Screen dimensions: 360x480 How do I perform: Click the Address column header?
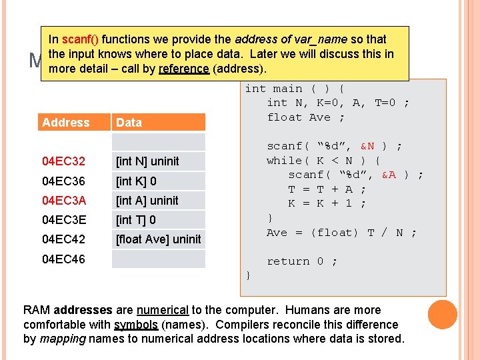pyautogui.click(x=65, y=123)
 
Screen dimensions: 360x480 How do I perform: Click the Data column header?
pyautogui.click(x=129, y=123)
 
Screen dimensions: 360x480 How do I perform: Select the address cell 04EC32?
pyautogui.click(x=63, y=161)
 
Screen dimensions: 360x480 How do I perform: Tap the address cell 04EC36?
pyautogui.click(x=63, y=181)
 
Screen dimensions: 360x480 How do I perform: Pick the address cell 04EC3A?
pyautogui.click(x=63, y=200)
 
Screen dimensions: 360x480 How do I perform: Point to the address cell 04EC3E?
pyautogui.click(x=63, y=219)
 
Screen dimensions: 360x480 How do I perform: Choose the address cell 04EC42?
pyautogui.click(x=63, y=239)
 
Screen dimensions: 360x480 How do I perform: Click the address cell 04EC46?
pyautogui.click(x=63, y=259)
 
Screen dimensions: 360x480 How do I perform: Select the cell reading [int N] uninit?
pyautogui.click(x=147, y=161)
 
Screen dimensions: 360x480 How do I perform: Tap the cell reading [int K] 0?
pyautogui.click(x=137, y=181)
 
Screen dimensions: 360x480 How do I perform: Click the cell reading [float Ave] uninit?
pyautogui.click(x=159, y=239)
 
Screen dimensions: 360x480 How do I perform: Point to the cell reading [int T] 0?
pyautogui.click(x=136, y=219)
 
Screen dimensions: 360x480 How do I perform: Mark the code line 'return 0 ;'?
pyautogui.click(x=302, y=261)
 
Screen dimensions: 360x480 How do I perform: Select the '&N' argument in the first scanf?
pyautogui.click(x=367, y=146)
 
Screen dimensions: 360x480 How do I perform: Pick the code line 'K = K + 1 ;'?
pyautogui.click(x=327, y=204)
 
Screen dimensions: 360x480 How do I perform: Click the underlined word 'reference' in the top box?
pyautogui.click(x=183, y=69)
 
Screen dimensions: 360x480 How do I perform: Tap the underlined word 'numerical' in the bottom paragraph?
pyautogui.click(x=162, y=310)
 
